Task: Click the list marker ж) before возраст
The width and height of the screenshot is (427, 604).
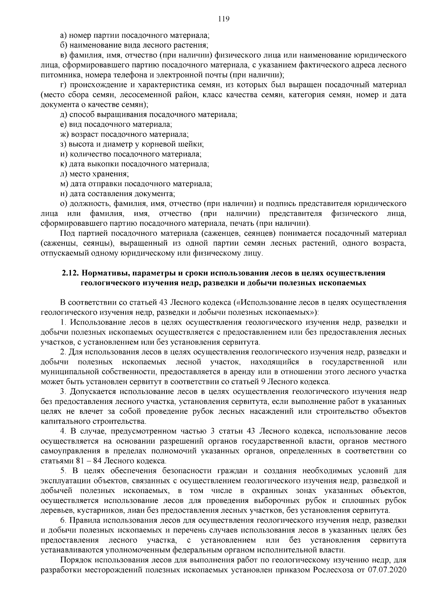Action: tap(65, 135)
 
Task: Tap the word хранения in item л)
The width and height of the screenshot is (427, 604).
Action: tap(112, 174)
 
